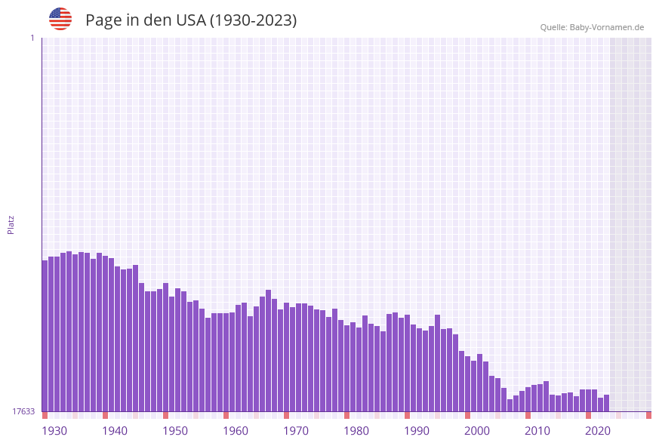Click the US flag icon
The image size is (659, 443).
click(60, 19)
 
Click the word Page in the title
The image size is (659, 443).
click(103, 20)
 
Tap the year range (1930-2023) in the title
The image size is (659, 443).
click(253, 20)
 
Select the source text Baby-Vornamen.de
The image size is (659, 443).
click(607, 27)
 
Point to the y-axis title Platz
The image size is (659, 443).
click(11, 224)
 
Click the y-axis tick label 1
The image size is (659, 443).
click(32, 38)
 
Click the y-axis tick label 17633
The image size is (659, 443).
click(23, 411)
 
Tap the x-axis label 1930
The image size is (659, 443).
click(54, 430)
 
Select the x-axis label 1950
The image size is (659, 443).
click(175, 430)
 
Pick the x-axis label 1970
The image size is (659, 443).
click(296, 430)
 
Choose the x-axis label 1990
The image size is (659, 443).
click(417, 430)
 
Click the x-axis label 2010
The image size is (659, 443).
click(537, 430)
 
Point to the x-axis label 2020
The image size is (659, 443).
click(598, 430)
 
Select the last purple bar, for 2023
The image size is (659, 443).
click(606, 403)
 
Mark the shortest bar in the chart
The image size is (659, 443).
click(510, 405)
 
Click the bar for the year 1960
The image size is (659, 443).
click(226, 362)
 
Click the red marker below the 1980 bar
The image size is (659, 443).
click(346, 415)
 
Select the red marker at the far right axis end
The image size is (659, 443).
click(648, 415)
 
